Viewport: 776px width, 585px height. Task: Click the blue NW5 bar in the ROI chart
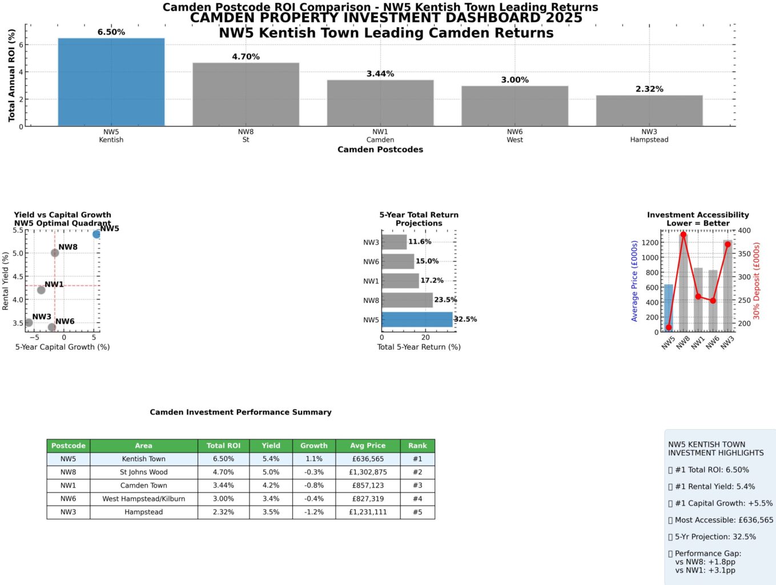111,82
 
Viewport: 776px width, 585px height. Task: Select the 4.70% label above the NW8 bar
246,57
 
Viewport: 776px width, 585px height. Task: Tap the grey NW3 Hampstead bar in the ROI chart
649,111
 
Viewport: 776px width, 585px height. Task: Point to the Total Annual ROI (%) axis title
11,75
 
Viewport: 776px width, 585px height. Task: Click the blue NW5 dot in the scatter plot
97,234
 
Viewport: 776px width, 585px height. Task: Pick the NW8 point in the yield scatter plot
55,253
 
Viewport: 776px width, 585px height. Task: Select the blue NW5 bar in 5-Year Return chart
417,319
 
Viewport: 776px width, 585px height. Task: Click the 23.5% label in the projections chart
445,300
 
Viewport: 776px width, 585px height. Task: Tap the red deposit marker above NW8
683,235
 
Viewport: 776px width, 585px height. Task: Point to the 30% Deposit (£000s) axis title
757,281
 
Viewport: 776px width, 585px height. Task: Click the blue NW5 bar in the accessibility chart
669,307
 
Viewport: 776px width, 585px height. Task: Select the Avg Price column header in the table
368,446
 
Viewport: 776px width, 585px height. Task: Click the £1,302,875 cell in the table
368,472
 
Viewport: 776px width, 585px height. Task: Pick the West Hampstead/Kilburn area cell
144,499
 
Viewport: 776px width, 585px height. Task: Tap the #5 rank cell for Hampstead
417,512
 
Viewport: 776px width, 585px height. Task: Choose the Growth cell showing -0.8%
313,486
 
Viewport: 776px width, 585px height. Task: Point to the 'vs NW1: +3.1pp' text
705,570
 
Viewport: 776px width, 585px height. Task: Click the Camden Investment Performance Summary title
240,412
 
